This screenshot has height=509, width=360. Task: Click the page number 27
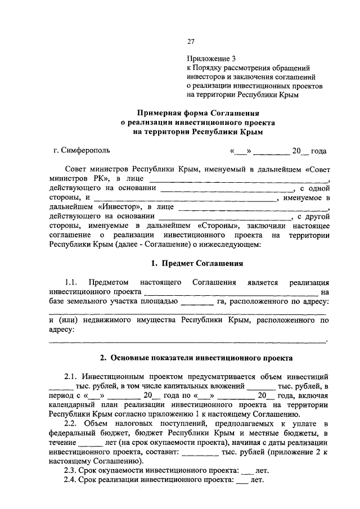click(190, 41)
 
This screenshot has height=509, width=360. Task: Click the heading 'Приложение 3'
click(208, 58)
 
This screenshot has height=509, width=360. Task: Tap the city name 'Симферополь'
click(85, 150)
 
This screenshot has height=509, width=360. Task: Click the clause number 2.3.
click(71, 470)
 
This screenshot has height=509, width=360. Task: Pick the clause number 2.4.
click(71, 480)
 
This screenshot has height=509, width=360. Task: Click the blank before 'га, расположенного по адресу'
click(196, 302)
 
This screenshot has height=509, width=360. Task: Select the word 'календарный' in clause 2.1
click(70, 404)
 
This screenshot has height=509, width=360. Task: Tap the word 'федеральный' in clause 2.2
click(73, 432)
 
